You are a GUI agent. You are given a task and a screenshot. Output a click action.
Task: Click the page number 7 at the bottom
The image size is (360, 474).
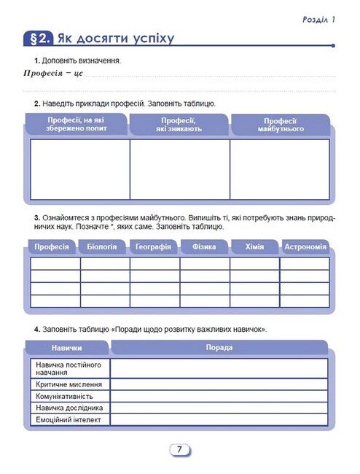pos(179,450)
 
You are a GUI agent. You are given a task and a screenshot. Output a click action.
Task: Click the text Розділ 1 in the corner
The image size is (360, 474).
pos(318,20)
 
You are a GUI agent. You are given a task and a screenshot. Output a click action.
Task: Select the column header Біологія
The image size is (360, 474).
pos(101,247)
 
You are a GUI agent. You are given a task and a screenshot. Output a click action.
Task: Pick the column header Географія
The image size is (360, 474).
pos(153,247)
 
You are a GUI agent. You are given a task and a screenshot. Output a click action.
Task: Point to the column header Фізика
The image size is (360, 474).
pos(204,247)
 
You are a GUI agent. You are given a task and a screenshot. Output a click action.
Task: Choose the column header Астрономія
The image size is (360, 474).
pos(304,247)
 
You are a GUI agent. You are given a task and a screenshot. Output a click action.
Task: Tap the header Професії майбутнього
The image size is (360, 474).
pos(280,124)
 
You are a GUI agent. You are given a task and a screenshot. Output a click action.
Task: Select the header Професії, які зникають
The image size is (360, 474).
pos(179,124)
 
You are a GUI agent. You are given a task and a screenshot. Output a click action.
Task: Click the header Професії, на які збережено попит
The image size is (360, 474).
pos(77,124)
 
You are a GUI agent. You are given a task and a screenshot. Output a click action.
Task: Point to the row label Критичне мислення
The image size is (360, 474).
pos(70,384)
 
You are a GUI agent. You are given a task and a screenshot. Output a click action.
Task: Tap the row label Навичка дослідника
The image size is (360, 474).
pos(69,408)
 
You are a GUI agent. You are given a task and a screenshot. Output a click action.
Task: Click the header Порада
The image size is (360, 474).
pos(219,347)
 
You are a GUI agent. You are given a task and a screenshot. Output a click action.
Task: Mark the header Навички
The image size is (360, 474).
pos(66,348)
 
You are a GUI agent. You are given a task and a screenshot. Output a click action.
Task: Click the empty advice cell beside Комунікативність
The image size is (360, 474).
pos(219,396)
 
